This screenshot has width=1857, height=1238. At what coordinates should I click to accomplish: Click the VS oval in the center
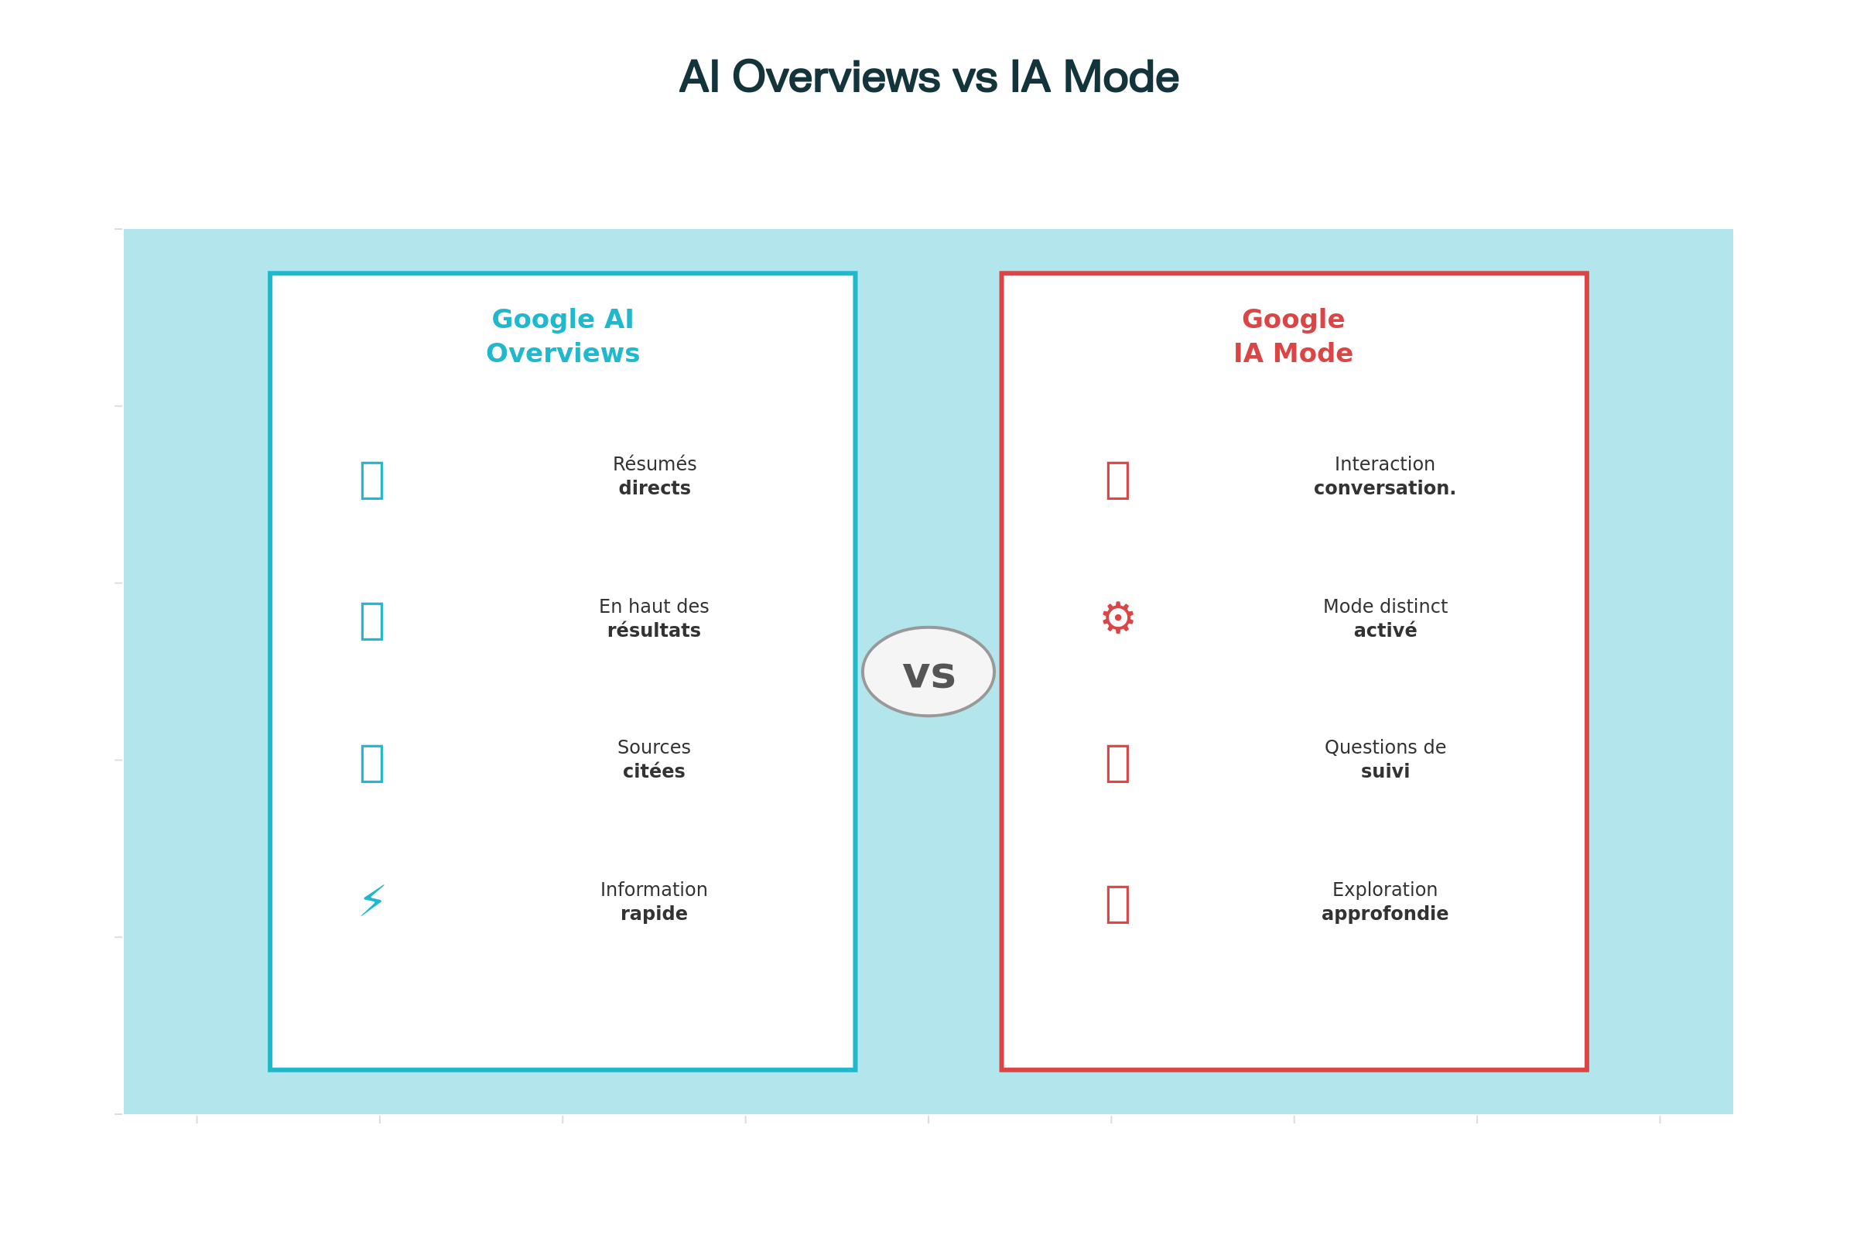[928, 672]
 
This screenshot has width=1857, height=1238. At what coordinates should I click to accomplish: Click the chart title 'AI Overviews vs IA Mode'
[928, 77]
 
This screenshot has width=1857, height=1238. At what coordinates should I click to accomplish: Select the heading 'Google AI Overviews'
[563, 337]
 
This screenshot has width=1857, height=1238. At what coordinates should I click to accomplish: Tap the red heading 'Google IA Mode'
[1292, 337]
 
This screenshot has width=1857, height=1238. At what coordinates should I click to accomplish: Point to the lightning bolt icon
[372, 901]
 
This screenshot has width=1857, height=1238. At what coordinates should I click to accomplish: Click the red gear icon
[1117, 618]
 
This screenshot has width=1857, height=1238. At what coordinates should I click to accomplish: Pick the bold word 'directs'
[654, 489]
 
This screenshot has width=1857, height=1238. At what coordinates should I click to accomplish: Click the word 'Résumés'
[654, 464]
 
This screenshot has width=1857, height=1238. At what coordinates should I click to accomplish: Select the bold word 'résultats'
[654, 631]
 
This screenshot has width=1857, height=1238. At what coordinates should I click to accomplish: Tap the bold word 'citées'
[654, 771]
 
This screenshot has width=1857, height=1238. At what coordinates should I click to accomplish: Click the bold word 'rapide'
[654, 914]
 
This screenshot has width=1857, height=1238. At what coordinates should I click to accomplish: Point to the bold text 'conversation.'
[1384, 489]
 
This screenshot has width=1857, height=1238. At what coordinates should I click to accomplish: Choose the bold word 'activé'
[1384, 631]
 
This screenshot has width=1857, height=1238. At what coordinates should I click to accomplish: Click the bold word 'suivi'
[1384, 771]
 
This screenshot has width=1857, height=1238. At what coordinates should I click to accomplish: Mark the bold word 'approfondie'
[1384, 914]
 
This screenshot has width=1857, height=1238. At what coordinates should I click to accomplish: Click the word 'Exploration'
[1384, 890]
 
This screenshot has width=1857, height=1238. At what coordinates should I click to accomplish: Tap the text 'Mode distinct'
[1384, 607]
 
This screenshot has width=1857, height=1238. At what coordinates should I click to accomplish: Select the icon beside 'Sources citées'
[372, 764]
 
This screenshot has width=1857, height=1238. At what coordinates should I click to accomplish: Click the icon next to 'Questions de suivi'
[1117, 764]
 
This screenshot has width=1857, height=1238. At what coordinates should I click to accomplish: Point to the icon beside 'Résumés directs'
[372, 480]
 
